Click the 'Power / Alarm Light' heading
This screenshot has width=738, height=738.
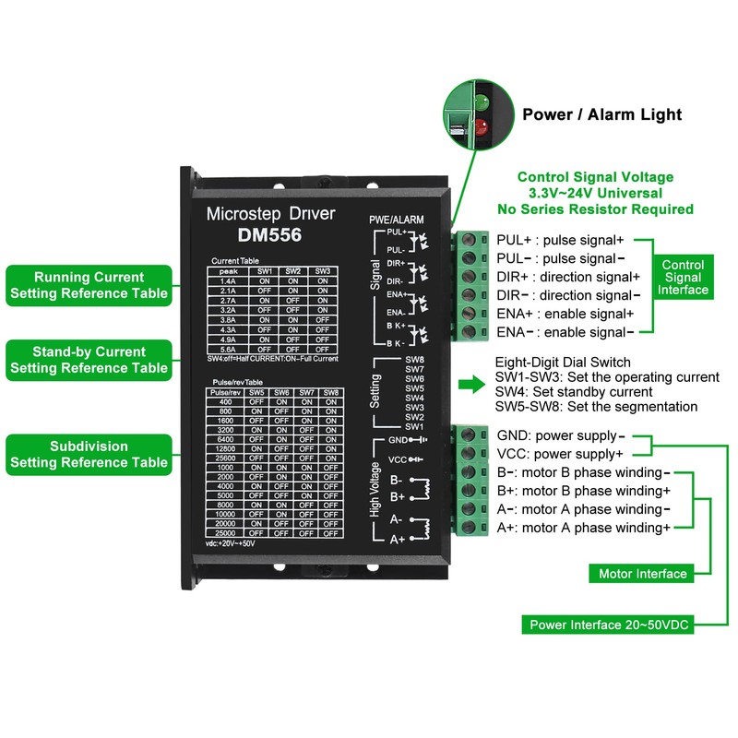[x=601, y=114]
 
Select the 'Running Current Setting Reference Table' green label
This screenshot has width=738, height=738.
[x=89, y=285]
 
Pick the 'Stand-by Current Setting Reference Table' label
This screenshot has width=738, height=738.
[x=89, y=360]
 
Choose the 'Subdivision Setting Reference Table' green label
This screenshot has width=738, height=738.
[x=89, y=454]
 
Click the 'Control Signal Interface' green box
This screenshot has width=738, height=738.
[x=683, y=277]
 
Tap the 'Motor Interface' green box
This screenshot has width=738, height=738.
[x=642, y=574]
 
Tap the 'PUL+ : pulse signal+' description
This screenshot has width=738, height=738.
[x=560, y=240]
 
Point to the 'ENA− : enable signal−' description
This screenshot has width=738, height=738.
[x=565, y=331]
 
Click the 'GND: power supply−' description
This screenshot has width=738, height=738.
[x=560, y=435]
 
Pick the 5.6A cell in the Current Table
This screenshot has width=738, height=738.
[x=227, y=350]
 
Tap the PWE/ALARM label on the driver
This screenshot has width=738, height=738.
[x=397, y=220]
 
